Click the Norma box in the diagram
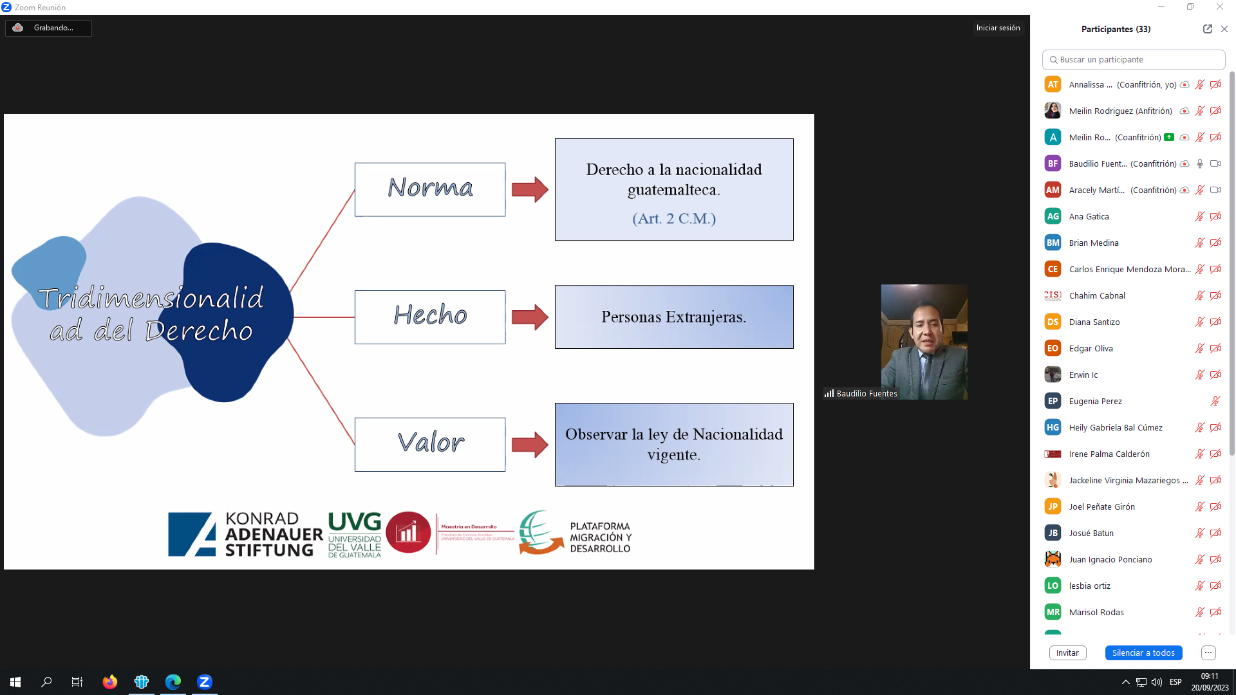pyautogui.click(x=430, y=189)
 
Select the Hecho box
pyautogui.click(x=430, y=317)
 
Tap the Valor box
pyautogui.click(x=430, y=444)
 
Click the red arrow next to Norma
pyautogui.click(x=530, y=189)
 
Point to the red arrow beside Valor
pyautogui.click(x=530, y=445)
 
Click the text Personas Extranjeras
pyautogui.click(x=673, y=317)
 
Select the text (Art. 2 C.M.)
pyautogui.click(x=674, y=219)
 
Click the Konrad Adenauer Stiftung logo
pyautogui.click(x=245, y=534)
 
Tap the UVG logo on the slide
pyautogui.click(x=355, y=534)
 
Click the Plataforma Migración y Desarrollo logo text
pyautogui.click(x=600, y=537)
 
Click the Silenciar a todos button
pyautogui.click(x=1143, y=653)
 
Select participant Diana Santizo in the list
pyautogui.click(x=1094, y=322)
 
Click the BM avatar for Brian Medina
pyautogui.click(x=1053, y=243)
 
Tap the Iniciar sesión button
pyautogui.click(x=998, y=28)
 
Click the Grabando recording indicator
pyautogui.click(x=48, y=28)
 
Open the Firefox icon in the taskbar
pyautogui.click(x=110, y=681)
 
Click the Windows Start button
pyautogui.click(x=15, y=681)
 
